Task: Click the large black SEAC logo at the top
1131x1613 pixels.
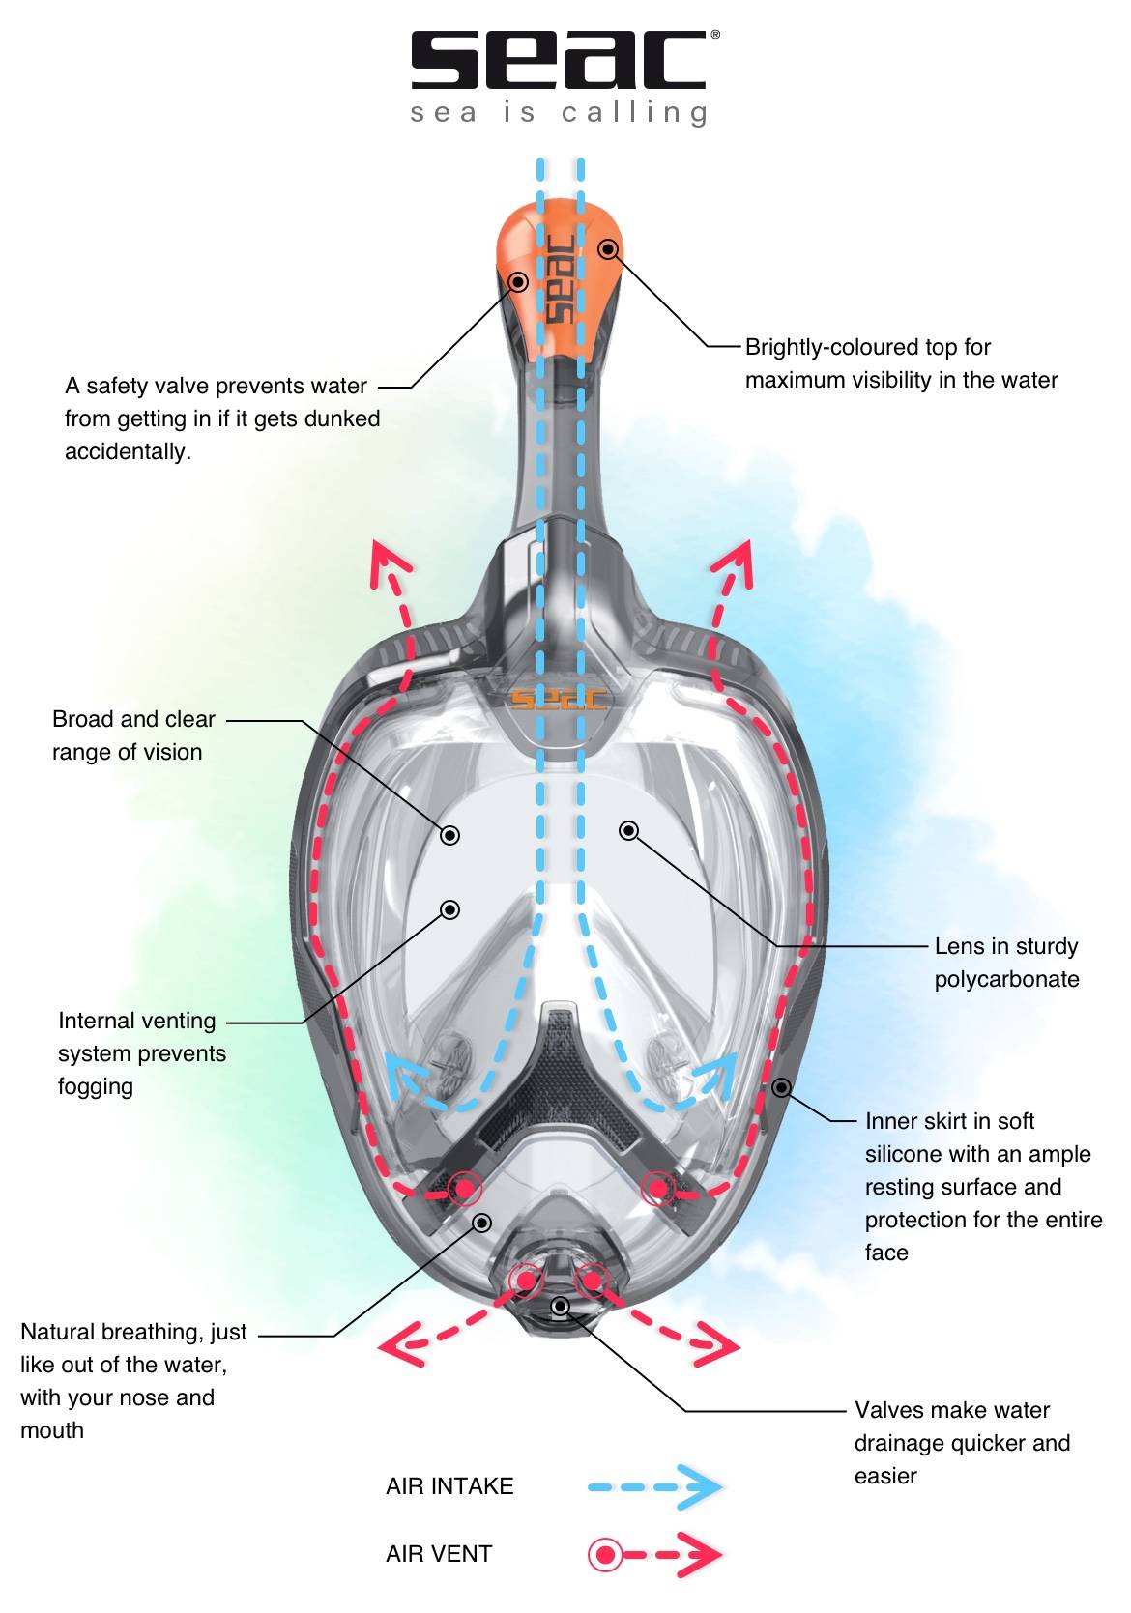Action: [558, 60]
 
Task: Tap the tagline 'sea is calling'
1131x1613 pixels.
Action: [559, 113]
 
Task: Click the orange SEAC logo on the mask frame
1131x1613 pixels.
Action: [558, 698]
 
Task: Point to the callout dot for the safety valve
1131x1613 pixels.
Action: [519, 281]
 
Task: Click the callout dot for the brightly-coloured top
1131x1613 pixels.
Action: [608, 249]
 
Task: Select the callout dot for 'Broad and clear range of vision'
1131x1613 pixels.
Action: [450, 835]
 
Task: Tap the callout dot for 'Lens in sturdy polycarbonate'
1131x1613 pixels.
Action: [629, 830]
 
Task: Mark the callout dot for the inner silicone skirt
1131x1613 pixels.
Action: [782, 1088]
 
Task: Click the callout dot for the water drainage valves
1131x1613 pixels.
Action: [560, 1307]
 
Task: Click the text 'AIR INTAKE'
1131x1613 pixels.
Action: [449, 1486]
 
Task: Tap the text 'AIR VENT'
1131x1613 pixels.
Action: [439, 1554]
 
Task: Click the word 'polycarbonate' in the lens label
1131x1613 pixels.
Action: [1006, 979]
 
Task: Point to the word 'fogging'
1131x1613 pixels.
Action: [96, 1086]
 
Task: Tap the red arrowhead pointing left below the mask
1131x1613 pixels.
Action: [398, 1344]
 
